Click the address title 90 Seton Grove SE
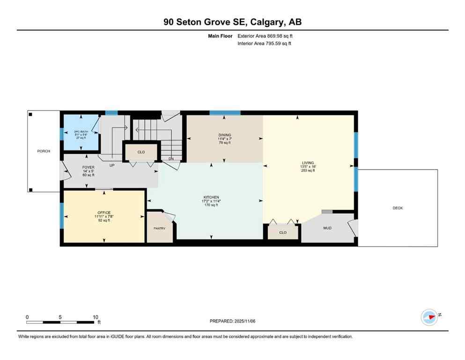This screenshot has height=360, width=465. pyautogui.click(x=232, y=22)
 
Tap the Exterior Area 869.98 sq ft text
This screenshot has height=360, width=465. pyautogui.click(x=265, y=36)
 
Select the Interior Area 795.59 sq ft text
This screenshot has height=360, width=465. pyautogui.click(x=265, y=44)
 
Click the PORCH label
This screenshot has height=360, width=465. pyautogui.click(x=44, y=151)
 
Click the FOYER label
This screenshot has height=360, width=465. pyautogui.click(x=88, y=167)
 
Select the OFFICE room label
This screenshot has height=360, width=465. pyautogui.click(x=104, y=213)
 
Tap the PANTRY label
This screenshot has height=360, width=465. pyautogui.click(x=160, y=228)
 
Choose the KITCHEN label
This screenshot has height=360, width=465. pyautogui.click(x=211, y=197)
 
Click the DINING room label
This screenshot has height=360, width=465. pyautogui.click(x=224, y=135)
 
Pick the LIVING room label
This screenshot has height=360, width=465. pyautogui.click(x=308, y=163)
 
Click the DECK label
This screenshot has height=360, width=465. pyautogui.click(x=398, y=208)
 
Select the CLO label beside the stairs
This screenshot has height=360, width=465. pyautogui.click(x=141, y=152)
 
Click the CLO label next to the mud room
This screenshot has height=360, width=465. pyautogui.click(x=282, y=232)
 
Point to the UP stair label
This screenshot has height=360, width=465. pyautogui.click(x=112, y=165)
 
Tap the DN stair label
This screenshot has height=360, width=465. pyautogui.click(x=171, y=159)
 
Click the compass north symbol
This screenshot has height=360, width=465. pyautogui.click(x=429, y=317)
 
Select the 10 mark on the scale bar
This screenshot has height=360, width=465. pyautogui.click(x=95, y=317)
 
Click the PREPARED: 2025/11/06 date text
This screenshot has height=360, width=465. pyautogui.click(x=233, y=321)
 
